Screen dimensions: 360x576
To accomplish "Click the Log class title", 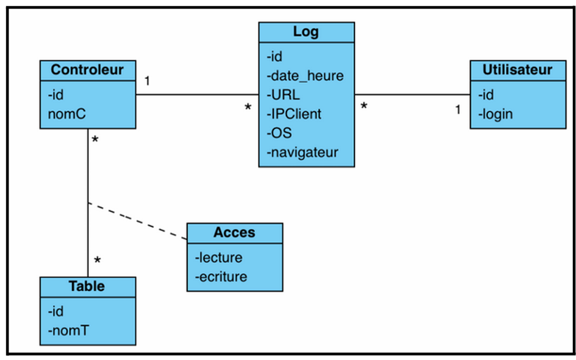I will [x=306, y=32].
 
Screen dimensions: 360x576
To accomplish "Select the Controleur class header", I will [x=87, y=70].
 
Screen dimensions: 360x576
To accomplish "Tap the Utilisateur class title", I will [x=517, y=70].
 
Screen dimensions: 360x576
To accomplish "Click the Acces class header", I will [x=235, y=233].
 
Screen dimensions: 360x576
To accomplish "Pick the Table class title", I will [x=87, y=286].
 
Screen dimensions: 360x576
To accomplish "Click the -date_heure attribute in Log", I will [x=305, y=76].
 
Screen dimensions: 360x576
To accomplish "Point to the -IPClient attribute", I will [x=294, y=114].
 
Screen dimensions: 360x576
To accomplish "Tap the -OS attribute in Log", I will [x=279, y=133].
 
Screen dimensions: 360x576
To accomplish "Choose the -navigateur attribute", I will [x=303, y=152].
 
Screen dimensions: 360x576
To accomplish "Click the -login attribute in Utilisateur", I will [x=495, y=114].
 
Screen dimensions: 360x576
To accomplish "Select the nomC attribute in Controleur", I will [x=63, y=114].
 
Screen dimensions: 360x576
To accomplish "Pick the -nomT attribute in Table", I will [x=68, y=330].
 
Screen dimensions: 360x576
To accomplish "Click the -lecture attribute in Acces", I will [x=219, y=257].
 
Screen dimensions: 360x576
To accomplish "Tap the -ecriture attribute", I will [x=221, y=277].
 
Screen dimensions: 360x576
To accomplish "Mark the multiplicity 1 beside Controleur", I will [x=148, y=81].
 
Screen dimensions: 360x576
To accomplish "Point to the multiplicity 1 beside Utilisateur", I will [x=457, y=110].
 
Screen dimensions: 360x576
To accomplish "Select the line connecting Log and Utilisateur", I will [x=412, y=95].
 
